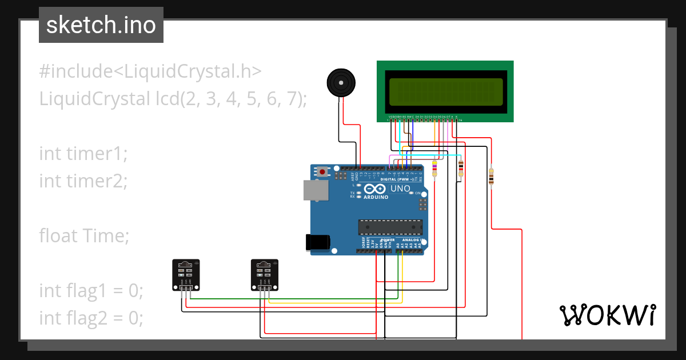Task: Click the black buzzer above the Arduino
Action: coord(341,83)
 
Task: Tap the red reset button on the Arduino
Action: coord(323,171)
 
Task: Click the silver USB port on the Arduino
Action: coord(317,190)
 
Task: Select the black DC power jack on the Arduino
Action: coord(318,242)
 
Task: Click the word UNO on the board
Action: coord(400,189)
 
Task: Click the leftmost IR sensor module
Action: coord(186,274)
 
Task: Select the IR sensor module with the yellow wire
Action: coord(265,274)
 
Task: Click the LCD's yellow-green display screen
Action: coord(445,91)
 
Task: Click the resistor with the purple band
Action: coord(434,169)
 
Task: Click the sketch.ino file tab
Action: coord(101,25)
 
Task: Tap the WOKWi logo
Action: coord(607,315)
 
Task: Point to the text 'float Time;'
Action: coord(85,235)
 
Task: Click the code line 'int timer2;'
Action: coord(83,181)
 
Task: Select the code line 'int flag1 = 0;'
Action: coord(91,290)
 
